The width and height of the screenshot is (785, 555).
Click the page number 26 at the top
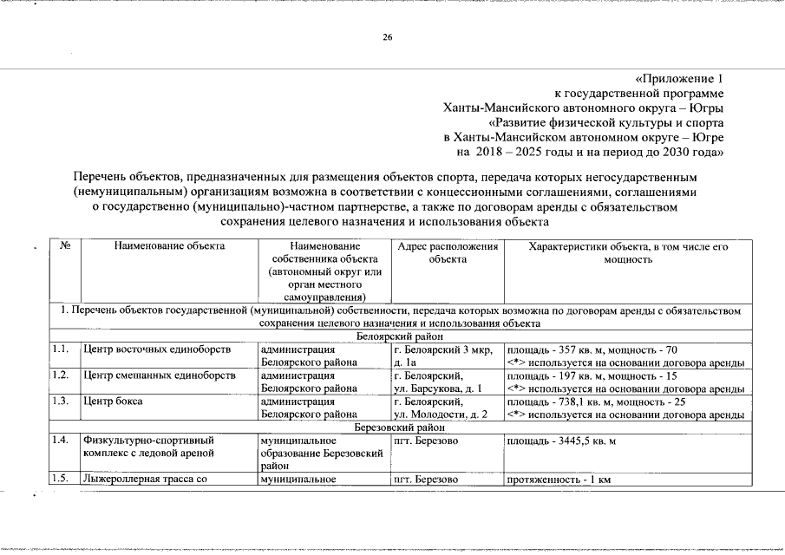(388, 37)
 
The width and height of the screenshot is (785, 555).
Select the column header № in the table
(65, 246)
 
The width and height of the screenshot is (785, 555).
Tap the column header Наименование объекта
(169, 246)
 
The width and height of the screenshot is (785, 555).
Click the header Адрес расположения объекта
(448, 252)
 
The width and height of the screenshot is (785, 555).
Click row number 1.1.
(60, 349)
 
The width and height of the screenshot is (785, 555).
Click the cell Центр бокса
(113, 402)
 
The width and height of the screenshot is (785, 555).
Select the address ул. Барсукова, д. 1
(442, 388)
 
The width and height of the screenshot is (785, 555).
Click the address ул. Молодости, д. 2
(442, 415)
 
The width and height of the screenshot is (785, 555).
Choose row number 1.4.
(60, 441)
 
